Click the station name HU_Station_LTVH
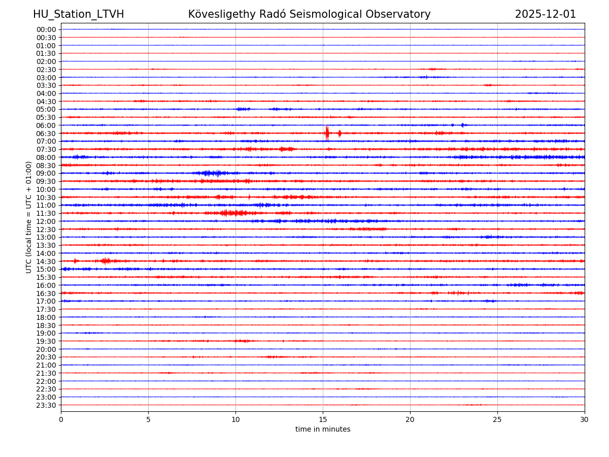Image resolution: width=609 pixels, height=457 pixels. (78, 14)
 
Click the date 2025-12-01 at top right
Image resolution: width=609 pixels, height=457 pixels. (546, 14)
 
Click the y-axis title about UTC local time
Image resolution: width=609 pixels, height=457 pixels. (29, 217)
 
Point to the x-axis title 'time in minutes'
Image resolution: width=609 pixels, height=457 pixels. (323, 429)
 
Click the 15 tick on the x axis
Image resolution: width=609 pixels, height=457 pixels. (323, 419)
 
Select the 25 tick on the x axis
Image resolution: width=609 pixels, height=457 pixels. (497, 419)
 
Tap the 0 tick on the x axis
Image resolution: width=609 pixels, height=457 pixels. (61, 419)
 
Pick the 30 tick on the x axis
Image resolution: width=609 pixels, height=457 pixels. (585, 419)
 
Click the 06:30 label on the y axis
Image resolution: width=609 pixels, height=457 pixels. (46, 133)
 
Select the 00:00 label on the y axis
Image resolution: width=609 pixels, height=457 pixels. (46, 29)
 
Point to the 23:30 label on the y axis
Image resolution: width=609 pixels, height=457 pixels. (46, 405)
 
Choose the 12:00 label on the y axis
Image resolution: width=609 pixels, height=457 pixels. (46, 221)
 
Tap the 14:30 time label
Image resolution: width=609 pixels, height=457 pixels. (46, 261)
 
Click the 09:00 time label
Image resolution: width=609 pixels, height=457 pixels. (46, 173)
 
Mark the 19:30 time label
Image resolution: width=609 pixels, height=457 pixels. (46, 341)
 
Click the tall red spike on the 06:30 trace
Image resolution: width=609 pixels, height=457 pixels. (327, 133)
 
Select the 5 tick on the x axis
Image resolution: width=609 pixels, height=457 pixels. (148, 419)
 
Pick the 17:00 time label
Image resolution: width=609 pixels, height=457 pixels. (46, 301)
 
